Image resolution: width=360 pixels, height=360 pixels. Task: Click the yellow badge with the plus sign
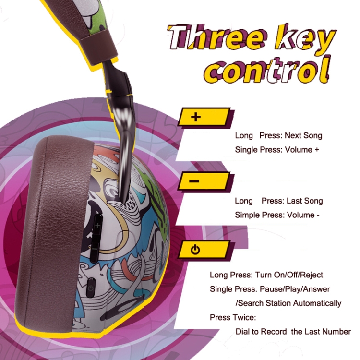205,117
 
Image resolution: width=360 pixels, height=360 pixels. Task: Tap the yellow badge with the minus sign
205,181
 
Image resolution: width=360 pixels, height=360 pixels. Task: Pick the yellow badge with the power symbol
205,250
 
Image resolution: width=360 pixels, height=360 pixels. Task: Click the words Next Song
303,135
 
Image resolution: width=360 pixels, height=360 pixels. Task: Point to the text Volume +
302,150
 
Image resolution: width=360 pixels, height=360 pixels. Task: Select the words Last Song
305,201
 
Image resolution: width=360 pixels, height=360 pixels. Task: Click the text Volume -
303,215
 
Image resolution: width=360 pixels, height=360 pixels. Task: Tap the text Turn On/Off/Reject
289,275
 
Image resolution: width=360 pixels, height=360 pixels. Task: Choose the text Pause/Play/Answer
295,289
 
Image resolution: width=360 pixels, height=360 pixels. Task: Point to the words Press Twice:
233,317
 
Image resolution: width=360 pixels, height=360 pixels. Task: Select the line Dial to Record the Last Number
293,332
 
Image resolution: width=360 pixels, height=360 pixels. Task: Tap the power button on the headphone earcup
91,288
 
